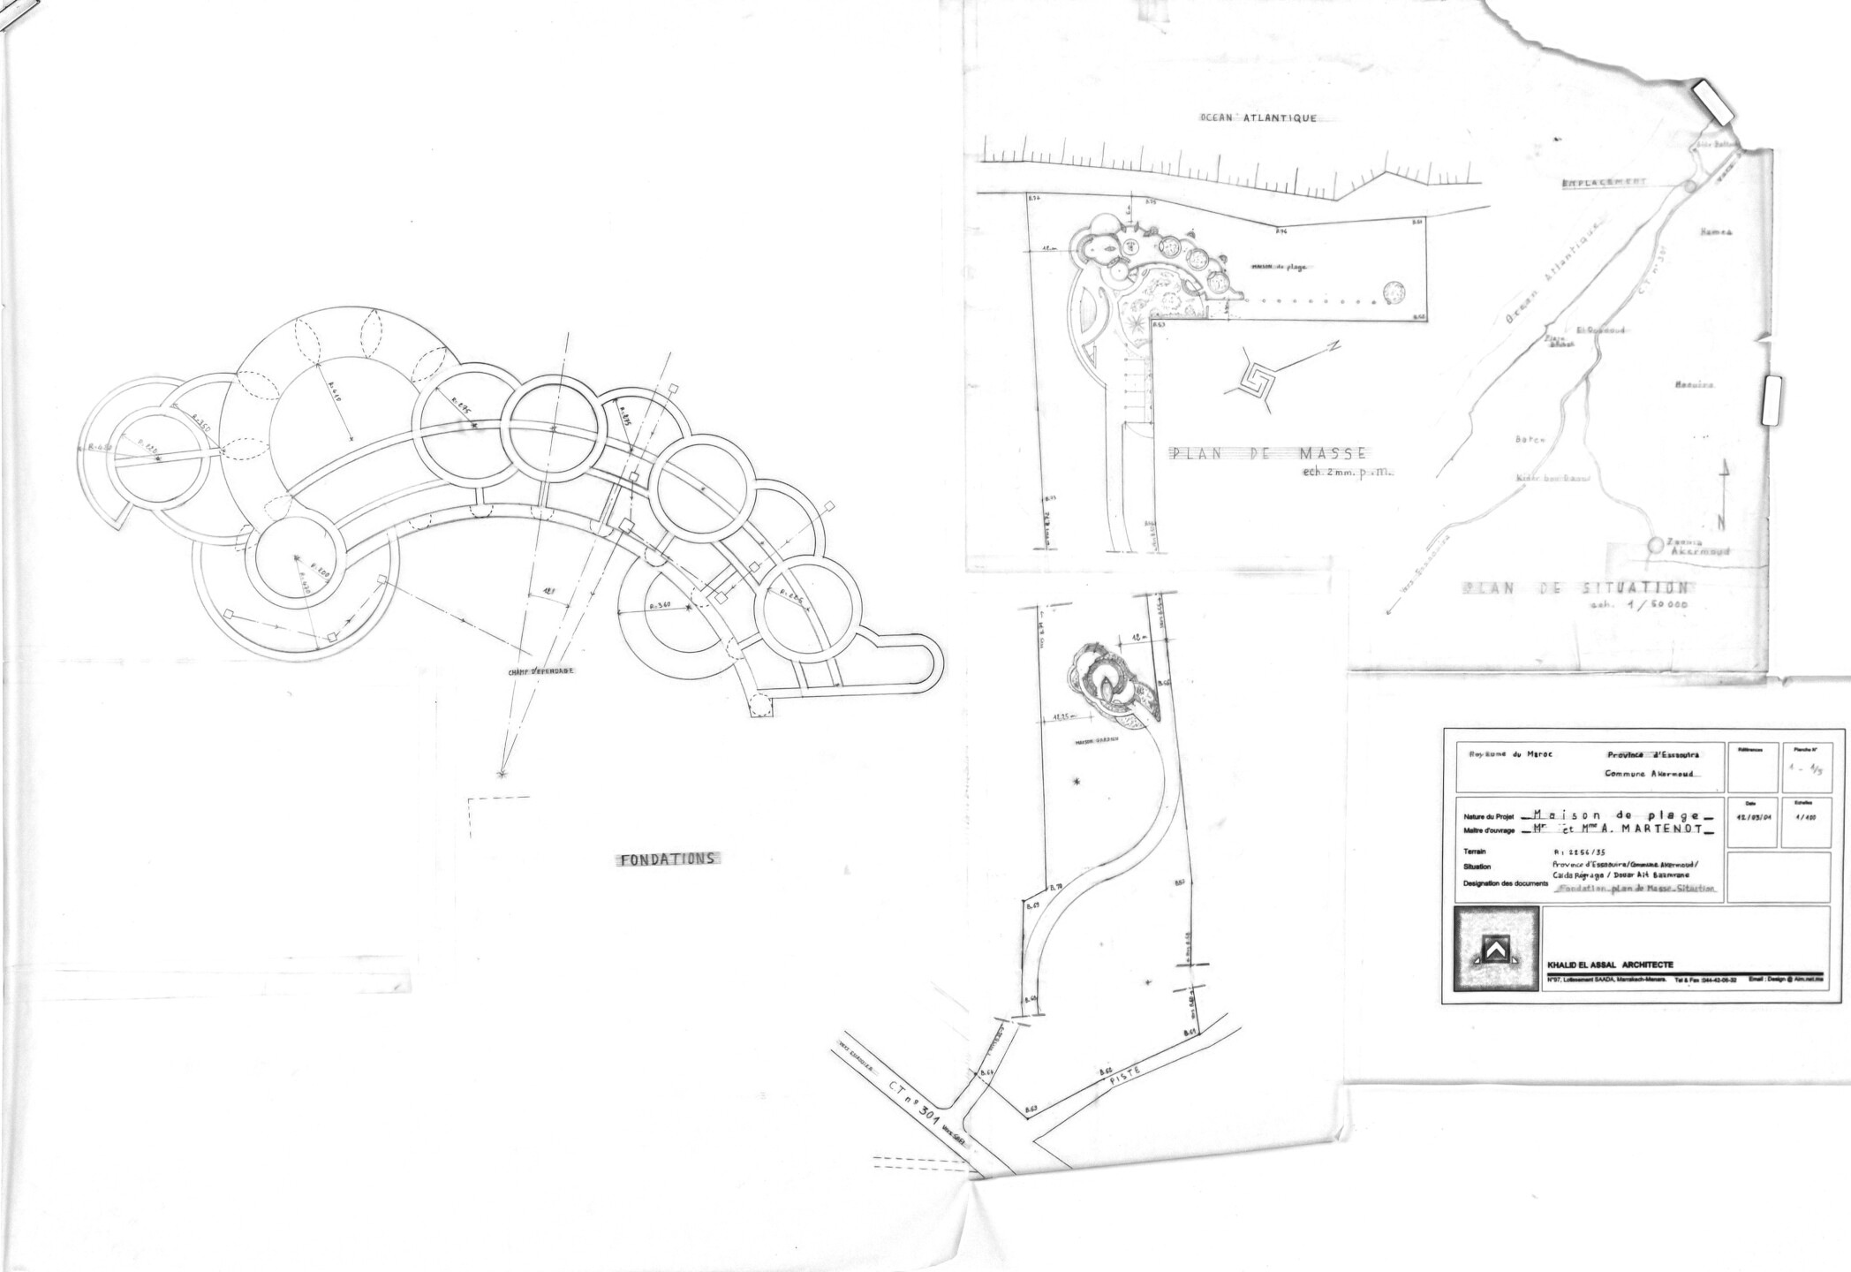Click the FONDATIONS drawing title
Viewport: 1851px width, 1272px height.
tap(667, 858)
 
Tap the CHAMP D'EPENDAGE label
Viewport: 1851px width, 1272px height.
tap(540, 671)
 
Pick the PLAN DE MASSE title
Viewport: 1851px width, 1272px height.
tap(1269, 454)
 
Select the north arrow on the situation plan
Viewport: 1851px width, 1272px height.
tap(1721, 495)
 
